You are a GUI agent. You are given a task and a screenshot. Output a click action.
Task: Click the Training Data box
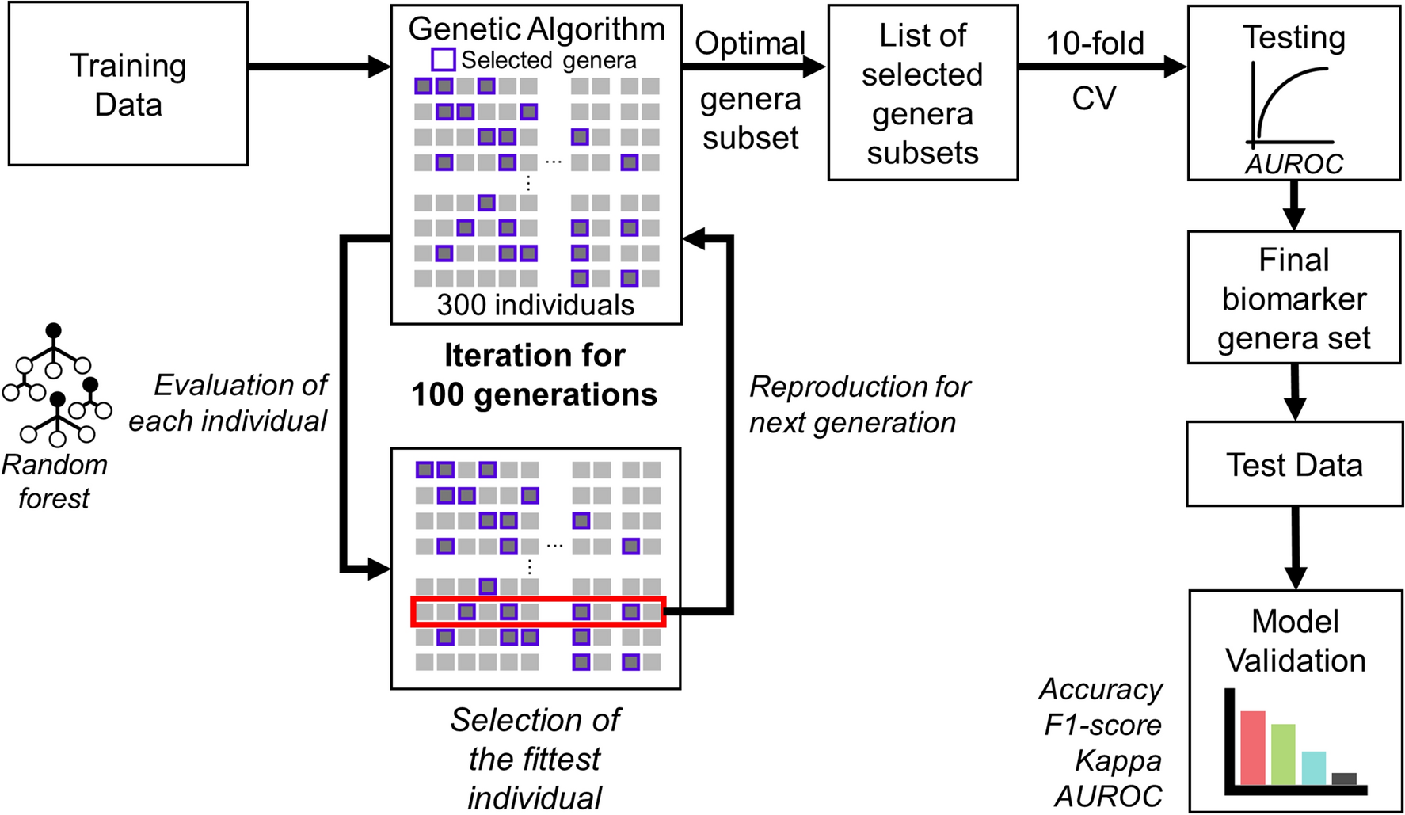(128, 84)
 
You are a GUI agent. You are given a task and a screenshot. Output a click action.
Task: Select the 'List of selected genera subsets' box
(923, 93)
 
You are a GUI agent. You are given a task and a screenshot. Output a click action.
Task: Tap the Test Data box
(1294, 464)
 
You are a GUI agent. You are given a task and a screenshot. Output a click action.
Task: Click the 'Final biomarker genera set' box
(1294, 298)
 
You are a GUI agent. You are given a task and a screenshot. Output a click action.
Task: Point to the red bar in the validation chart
(1252, 748)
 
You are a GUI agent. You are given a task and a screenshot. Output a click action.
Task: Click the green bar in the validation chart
(1283, 754)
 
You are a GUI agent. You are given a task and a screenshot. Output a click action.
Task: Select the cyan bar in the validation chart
(1313, 767)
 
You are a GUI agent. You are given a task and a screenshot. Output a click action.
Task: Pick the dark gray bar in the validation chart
(1344, 779)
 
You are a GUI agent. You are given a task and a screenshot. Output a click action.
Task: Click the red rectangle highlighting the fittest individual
(539, 612)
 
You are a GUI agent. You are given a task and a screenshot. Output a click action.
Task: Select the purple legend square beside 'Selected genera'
(443, 59)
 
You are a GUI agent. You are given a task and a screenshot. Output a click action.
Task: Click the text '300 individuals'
(535, 305)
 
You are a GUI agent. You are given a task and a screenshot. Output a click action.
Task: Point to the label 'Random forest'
(54, 481)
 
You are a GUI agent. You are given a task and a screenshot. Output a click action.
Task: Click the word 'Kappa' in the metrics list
(1118, 760)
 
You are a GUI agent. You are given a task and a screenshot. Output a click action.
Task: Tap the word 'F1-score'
(1102, 725)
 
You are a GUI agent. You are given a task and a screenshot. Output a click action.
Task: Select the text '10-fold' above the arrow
(1095, 43)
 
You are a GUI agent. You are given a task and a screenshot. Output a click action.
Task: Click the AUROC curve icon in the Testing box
(1291, 107)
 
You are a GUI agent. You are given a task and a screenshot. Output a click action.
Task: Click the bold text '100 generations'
(534, 394)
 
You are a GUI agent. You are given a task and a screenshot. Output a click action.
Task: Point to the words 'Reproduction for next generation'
(859, 405)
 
